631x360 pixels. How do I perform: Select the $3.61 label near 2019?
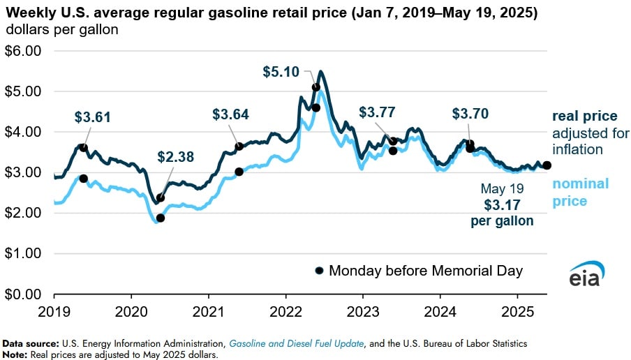pyautogui.click(x=93, y=117)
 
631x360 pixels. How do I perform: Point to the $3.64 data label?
pyautogui.click(x=230, y=114)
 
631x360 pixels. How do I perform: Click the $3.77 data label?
pyautogui.click(x=376, y=112)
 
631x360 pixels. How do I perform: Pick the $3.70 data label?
pyautogui.click(x=470, y=113)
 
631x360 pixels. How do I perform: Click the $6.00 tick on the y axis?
pyautogui.click(x=24, y=51)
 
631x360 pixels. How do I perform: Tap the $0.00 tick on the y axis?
pyautogui.click(x=24, y=294)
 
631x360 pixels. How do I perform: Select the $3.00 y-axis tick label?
pyautogui.click(x=24, y=172)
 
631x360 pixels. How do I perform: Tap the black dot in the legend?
pyautogui.click(x=320, y=271)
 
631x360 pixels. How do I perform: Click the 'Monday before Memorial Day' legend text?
pyautogui.click(x=425, y=271)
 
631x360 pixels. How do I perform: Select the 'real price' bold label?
pyautogui.click(x=584, y=116)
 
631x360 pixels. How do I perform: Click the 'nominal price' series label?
pyautogui.click(x=581, y=192)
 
